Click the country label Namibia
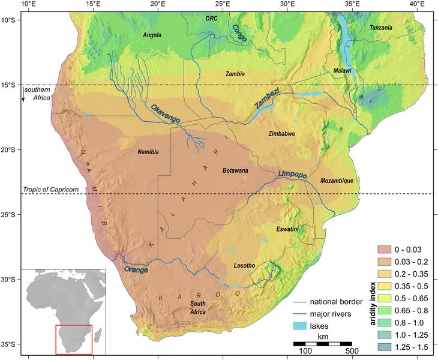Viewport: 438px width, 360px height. (148, 152)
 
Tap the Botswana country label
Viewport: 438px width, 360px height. (236, 170)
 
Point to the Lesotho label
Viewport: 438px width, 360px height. (243, 265)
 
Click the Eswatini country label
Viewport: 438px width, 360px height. (288, 229)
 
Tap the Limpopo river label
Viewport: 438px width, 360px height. (293, 174)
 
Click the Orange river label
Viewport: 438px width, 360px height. (136, 270)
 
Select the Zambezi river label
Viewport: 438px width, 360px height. (266, 98)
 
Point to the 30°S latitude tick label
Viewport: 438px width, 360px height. (8, 280)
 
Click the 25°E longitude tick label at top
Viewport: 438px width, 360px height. (223, 4)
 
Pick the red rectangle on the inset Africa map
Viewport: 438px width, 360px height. (74, 339)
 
